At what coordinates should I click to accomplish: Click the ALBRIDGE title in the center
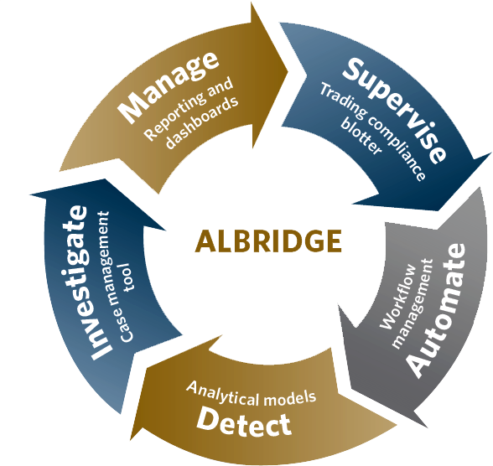[x=268, y=241]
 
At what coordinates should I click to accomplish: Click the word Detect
[x=244, y=422]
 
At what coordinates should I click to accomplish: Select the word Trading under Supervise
[x=343, y=100]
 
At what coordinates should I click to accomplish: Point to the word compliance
[x=397, y=148]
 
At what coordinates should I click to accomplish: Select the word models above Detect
[x=289, y=398]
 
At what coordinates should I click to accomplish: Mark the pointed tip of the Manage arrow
[x=288, y=71]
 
